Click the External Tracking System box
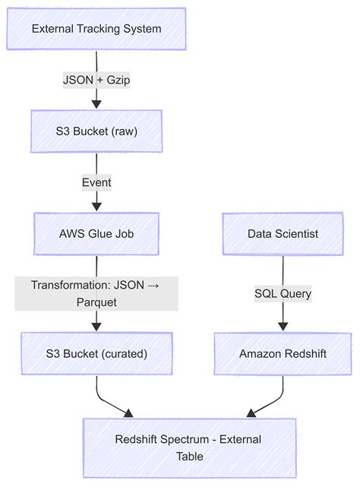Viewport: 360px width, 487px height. [x=96, y=29]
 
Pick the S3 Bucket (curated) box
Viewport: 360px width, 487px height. [x=96, y=354]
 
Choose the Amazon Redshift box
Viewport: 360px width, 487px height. [x=283, y=354]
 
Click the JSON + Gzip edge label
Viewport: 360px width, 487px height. [x=96, y=79]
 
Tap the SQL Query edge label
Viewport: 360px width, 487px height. [x=283, y=293]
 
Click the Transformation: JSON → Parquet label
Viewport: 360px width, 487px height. [x=96, y=293]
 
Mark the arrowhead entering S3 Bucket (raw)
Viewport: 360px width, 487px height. [x=96, y=103]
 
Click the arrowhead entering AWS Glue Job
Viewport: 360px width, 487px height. [x=96, y=205]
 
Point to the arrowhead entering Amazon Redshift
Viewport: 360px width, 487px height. [x=283, y=327]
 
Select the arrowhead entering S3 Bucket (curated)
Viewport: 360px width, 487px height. [x=96, y=327]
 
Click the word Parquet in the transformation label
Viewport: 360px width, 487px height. [x=96, y=301]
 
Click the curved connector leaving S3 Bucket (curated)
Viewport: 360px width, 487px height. [x=103, y=395]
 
